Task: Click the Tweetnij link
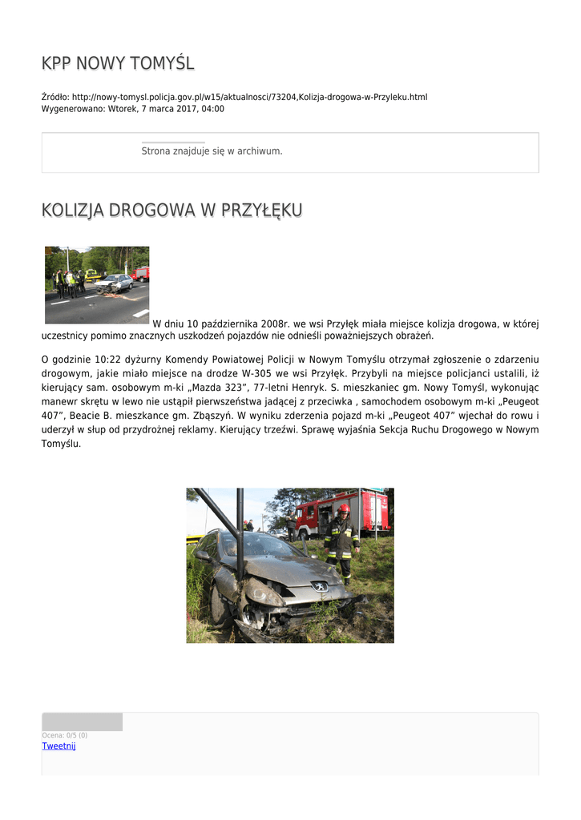click(x=59, y=746)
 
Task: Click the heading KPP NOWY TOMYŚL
click(x=118, y=63)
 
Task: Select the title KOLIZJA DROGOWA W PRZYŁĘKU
click(x=171, y=211)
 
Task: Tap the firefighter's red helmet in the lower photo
click(x=343, y=508)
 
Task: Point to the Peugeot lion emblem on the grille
click(x=320, y=586)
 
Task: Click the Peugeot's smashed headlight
click(x=265, y=593)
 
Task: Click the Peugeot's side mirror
click(x=204, y=554)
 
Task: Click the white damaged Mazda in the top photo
click(x=115, y=283)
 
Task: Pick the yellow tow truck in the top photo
click(x=91, y=275)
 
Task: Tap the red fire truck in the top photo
click(x=141, y=273)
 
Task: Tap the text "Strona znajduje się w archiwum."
click(x=212, y=151)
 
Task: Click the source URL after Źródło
click(x=249, y=97)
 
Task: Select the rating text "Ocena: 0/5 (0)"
click(x=64, y=735)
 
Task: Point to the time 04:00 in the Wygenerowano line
click(x=212, y=109)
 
